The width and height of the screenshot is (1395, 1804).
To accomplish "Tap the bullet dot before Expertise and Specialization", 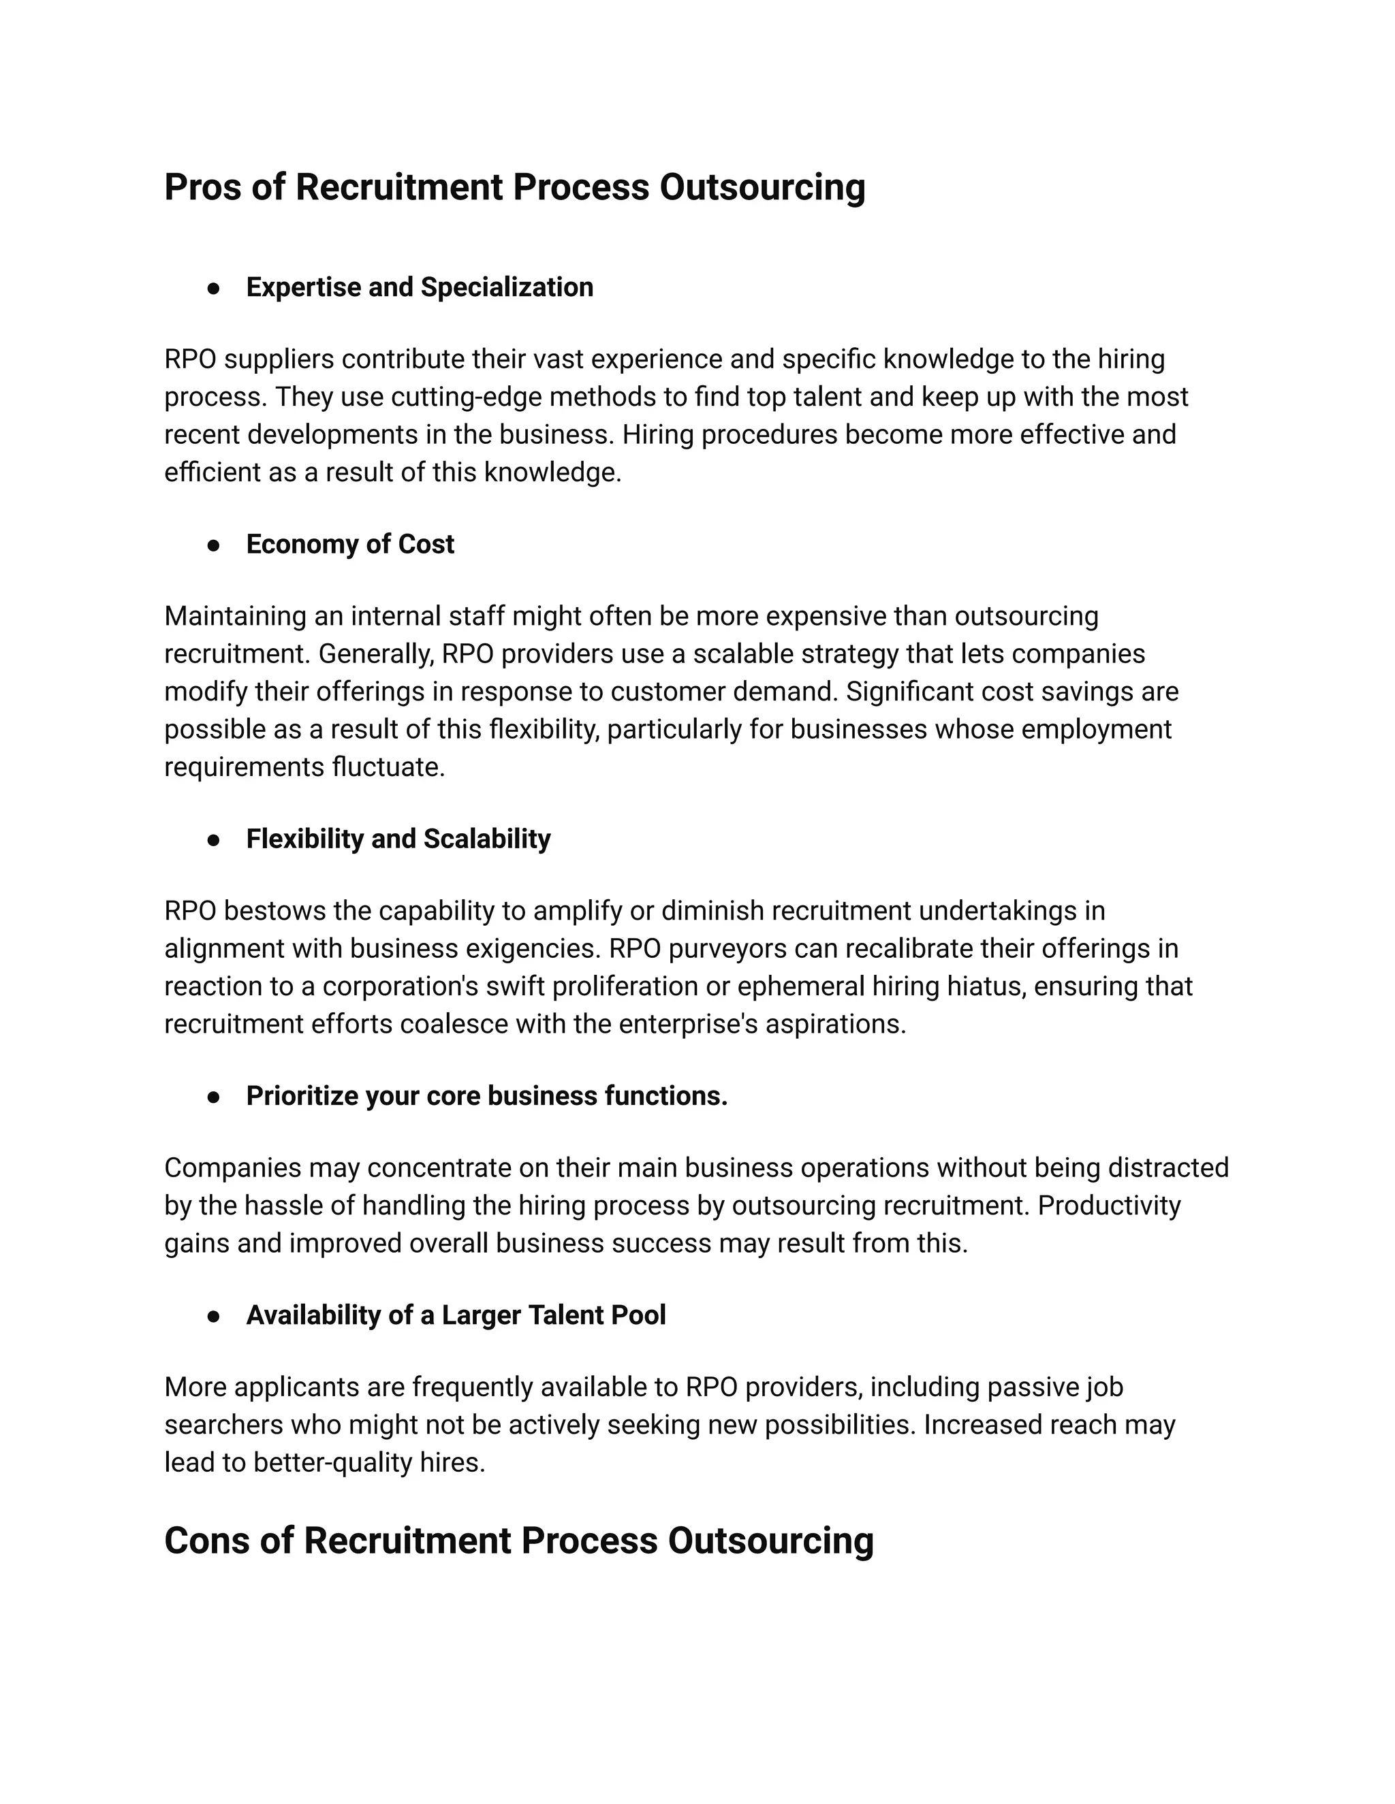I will [213, 288].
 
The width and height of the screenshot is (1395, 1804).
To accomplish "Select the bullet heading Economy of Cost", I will [349, 545].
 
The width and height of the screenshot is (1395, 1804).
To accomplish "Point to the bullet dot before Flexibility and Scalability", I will [213, 840].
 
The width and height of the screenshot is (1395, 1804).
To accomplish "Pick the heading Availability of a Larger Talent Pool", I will [456, 1315].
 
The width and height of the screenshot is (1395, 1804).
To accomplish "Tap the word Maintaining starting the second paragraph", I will [234, 616].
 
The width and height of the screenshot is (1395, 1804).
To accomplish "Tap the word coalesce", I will [454, 1025].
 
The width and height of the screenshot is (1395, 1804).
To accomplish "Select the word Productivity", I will [1109, 1206].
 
